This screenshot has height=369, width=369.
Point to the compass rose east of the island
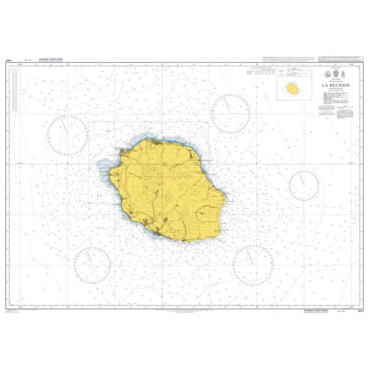303,186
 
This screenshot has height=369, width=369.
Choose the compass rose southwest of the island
92,263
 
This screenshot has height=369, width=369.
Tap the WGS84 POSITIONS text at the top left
50,59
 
